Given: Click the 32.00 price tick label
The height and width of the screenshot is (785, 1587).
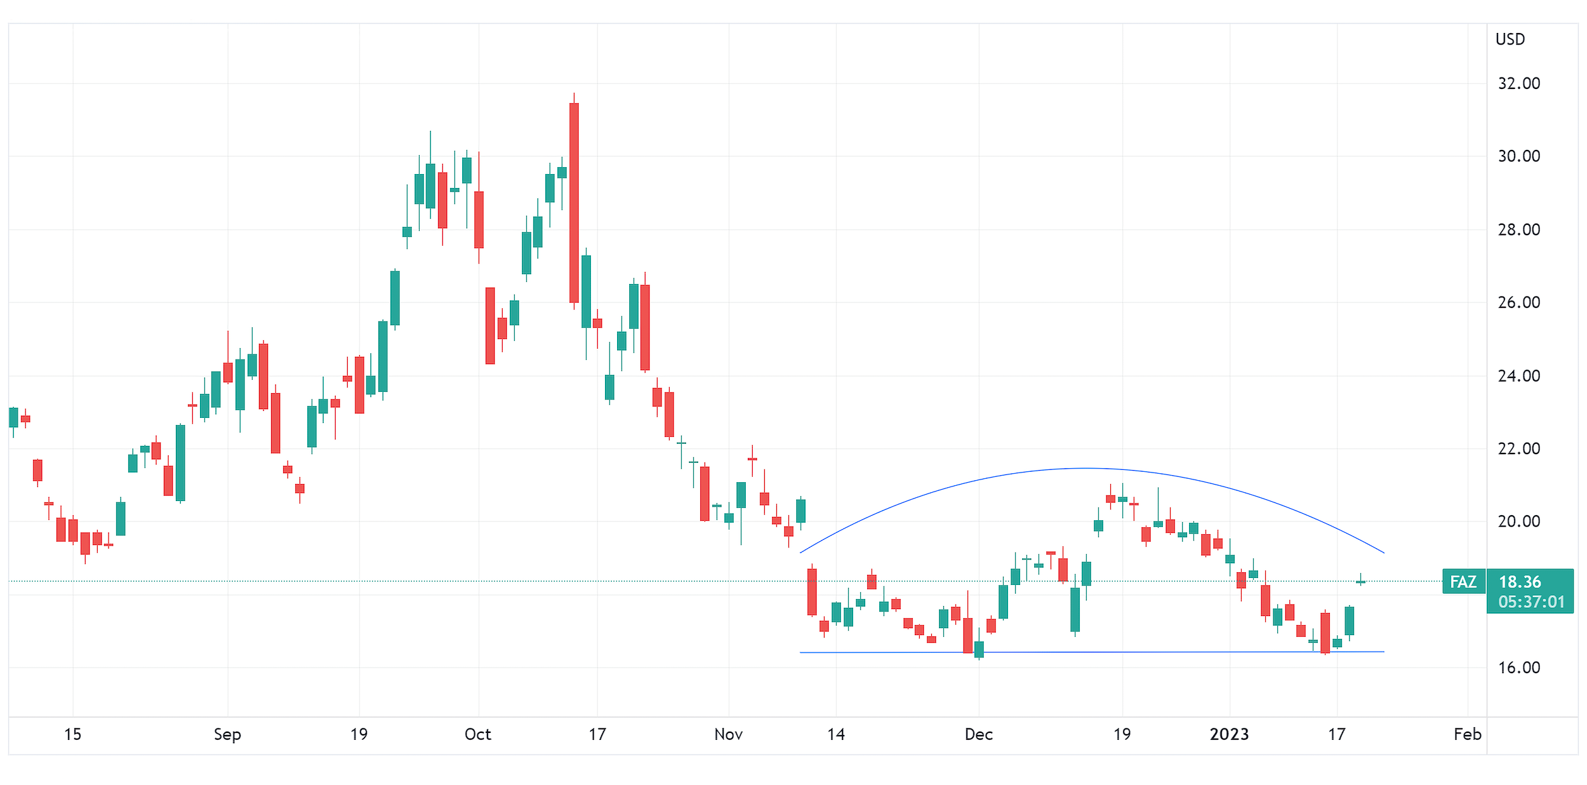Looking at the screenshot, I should point(1518,84).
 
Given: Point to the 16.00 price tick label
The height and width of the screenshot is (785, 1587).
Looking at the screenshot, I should point(1518,668).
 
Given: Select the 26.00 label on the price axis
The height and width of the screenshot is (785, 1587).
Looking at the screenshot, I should point(1518,303).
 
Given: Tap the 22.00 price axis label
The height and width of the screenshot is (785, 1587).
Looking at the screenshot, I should point(1518,449).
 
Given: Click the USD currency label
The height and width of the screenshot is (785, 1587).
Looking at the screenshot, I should point(1510,39).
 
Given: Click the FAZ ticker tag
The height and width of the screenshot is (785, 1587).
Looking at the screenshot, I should point(1463,582).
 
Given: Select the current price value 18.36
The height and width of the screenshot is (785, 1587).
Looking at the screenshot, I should point(1519,582).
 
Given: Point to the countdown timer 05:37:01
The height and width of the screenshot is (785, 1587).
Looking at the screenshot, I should point(1531,602).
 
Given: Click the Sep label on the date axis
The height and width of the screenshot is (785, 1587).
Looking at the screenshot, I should point(227,735).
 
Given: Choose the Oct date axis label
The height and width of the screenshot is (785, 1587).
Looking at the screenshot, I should point(478,735).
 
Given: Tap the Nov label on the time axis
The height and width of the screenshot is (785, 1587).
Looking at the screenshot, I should point(728,735).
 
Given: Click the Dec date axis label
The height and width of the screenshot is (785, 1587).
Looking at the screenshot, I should point(978,735).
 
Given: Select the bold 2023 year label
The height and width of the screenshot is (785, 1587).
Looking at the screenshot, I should point(1229,735).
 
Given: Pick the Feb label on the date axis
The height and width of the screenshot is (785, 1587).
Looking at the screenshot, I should point(1467,735).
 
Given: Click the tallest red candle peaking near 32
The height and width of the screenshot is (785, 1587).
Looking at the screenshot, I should point(574,203).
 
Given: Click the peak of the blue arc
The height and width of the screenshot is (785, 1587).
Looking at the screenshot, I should point(1087,469).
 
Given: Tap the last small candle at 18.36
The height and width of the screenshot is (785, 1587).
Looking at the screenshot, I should point(1360,582).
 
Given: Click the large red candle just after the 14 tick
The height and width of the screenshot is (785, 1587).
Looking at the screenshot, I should point(812,592).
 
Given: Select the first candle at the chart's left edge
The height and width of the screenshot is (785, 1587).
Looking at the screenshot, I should point(13,417).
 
